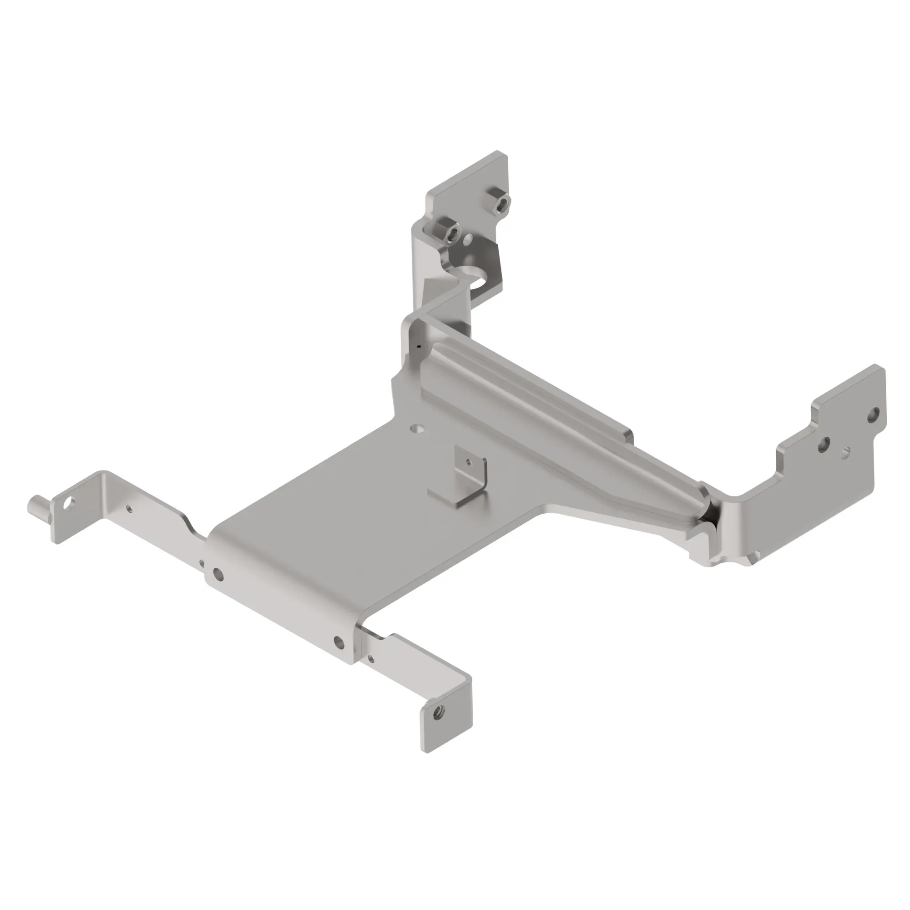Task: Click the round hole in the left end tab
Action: click(x=69, y=503)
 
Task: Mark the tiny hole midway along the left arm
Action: click(x=130, y=509)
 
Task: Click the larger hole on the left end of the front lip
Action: click(x=218, y=574)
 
